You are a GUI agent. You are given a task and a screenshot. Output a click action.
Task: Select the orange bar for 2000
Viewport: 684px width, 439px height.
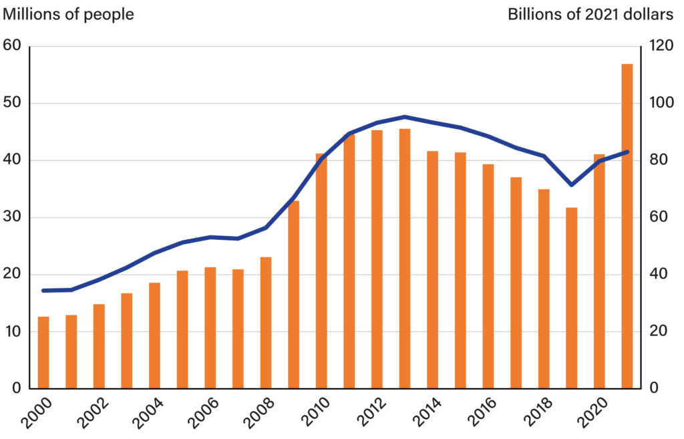point(43,352)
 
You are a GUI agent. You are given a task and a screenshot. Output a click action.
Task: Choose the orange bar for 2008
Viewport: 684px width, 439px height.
point(266,322)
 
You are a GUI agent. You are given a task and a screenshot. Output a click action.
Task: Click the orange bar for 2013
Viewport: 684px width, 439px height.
point(405,259)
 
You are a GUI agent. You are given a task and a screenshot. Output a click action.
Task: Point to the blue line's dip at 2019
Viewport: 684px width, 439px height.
point(571,184)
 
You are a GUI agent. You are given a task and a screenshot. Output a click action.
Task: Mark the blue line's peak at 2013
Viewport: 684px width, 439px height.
point(405,117)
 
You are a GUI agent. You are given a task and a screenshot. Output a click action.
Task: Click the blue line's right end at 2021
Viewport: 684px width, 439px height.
point(627,152)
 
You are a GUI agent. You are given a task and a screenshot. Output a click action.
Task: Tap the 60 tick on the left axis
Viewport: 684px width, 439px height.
point(13,46)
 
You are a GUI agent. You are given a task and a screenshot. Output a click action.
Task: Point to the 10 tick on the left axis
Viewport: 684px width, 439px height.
point(13,331)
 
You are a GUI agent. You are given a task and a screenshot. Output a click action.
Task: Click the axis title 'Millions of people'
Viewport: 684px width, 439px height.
point(69,14)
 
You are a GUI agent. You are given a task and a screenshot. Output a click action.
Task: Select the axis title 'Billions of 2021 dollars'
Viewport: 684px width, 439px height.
point(590,14)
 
